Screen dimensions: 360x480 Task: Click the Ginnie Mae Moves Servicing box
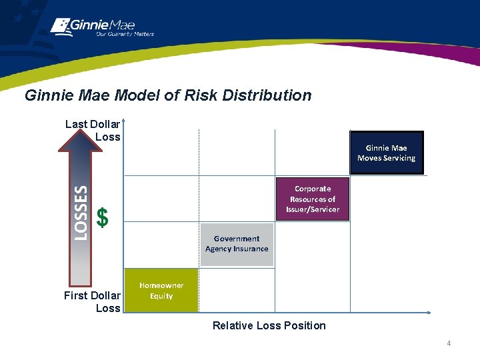click(386, 153)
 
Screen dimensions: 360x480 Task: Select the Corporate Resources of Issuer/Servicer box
click(312, 199)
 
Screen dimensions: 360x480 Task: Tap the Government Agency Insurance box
click(237, 244)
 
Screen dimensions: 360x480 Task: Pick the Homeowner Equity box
click(161, 291)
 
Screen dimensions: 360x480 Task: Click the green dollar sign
click(102, 217)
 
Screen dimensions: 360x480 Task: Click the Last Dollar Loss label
click(93, 130)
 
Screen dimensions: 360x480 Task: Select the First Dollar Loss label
click(93, 301)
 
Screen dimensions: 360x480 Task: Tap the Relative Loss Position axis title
click(269, 325)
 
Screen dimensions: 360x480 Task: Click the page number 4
click(449, 343)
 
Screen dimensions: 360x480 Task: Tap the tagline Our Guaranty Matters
click(125, 34)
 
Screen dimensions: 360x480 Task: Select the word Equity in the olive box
click(161, 296)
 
